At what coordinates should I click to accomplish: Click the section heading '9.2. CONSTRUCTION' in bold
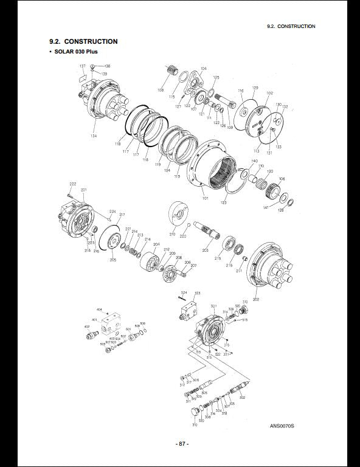tap(83, 41)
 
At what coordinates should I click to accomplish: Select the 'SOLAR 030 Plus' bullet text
tap(76, 52)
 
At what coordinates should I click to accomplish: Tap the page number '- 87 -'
tap(180, 444)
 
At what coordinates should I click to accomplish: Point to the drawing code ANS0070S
tap(282, 426)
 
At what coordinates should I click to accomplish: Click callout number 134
tap(93, 136)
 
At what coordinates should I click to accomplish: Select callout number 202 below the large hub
tap(255, 299)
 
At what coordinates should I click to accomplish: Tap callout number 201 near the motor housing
tap(83, 190)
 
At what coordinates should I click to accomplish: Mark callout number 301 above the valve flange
tap(213, 306)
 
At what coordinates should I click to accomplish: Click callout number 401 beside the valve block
tap(94, 319)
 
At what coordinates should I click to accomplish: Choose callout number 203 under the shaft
tap(205, 250)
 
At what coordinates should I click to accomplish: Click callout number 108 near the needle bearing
tap(161, 90)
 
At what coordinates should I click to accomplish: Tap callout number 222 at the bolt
tap(72, 184)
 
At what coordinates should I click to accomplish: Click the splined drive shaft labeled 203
tap(204, 234)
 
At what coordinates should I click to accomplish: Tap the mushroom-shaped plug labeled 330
tap(195, 413)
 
